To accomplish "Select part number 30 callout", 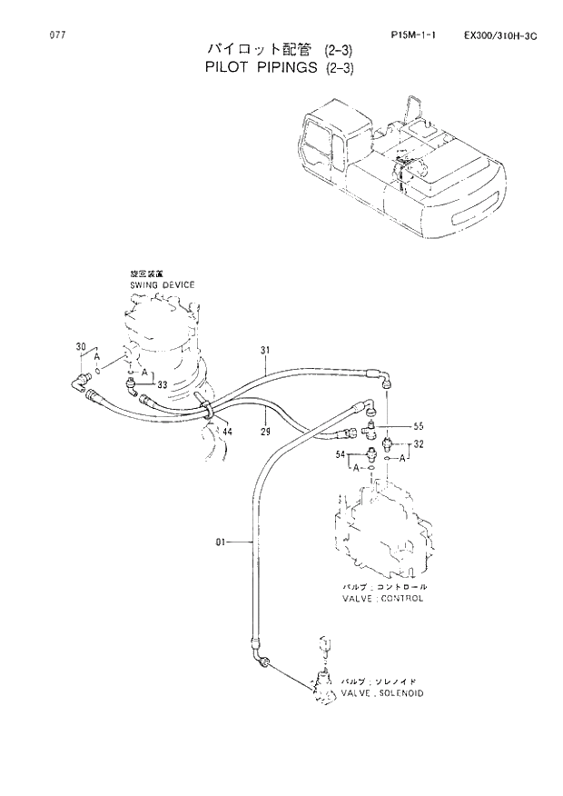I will [x=80, y=347].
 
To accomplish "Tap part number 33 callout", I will [x=162, y=385].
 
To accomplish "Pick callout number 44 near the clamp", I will [x=227, y=432].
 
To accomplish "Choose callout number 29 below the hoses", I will [x=266, y=431].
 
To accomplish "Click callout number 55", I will [x=419, y=425].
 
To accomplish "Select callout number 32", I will [x=419, y=444].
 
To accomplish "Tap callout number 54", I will [x=341, y=453].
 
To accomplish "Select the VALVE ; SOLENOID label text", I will [x=382, y=692].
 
